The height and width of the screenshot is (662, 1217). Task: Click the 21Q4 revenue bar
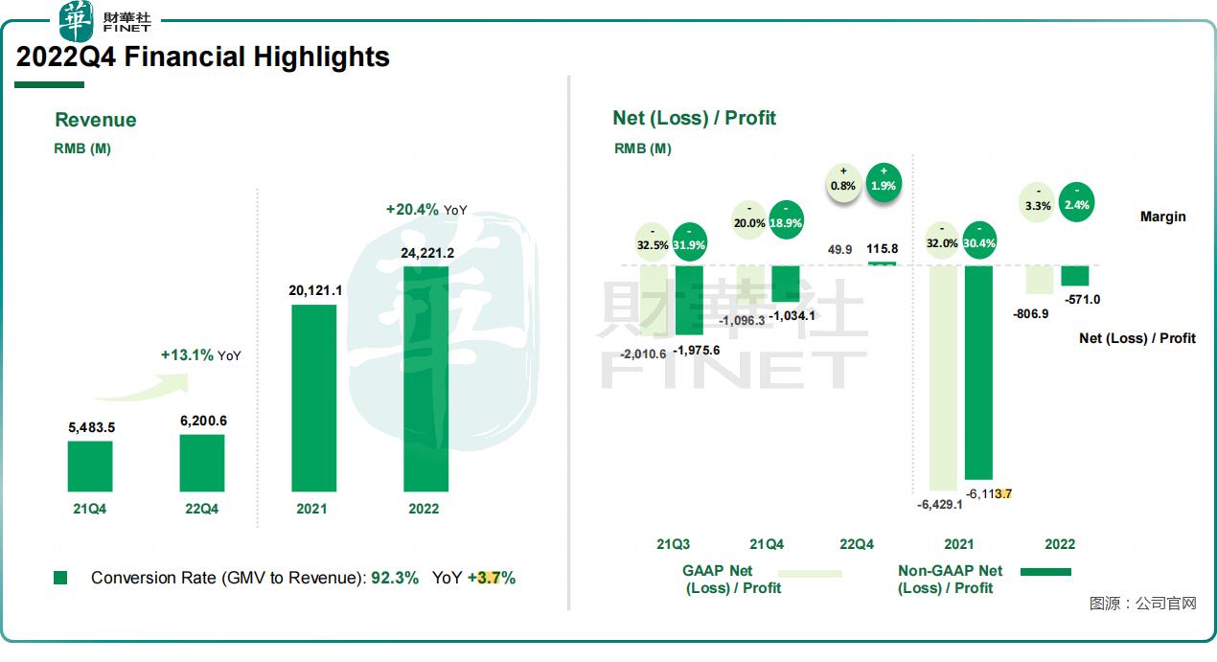(90, 466)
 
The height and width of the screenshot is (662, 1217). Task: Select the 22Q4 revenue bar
(202, 463)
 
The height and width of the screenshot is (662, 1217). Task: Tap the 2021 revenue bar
(313, 398)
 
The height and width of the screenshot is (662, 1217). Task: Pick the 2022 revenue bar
(425, 378)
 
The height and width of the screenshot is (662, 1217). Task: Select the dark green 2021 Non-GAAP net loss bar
(978, 372)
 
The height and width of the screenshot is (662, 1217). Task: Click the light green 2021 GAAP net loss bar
(943, 377)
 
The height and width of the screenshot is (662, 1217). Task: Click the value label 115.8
(882, 249)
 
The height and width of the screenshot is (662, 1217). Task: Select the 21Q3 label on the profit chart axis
(673, 544)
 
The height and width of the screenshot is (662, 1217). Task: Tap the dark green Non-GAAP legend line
(1045, 572)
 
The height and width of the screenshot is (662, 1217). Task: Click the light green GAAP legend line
(811, 573)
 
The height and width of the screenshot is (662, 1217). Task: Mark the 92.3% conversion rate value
(395, 578)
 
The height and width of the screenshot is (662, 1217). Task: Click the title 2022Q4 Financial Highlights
(203, 57)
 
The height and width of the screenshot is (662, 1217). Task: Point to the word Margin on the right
(1162, 217)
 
